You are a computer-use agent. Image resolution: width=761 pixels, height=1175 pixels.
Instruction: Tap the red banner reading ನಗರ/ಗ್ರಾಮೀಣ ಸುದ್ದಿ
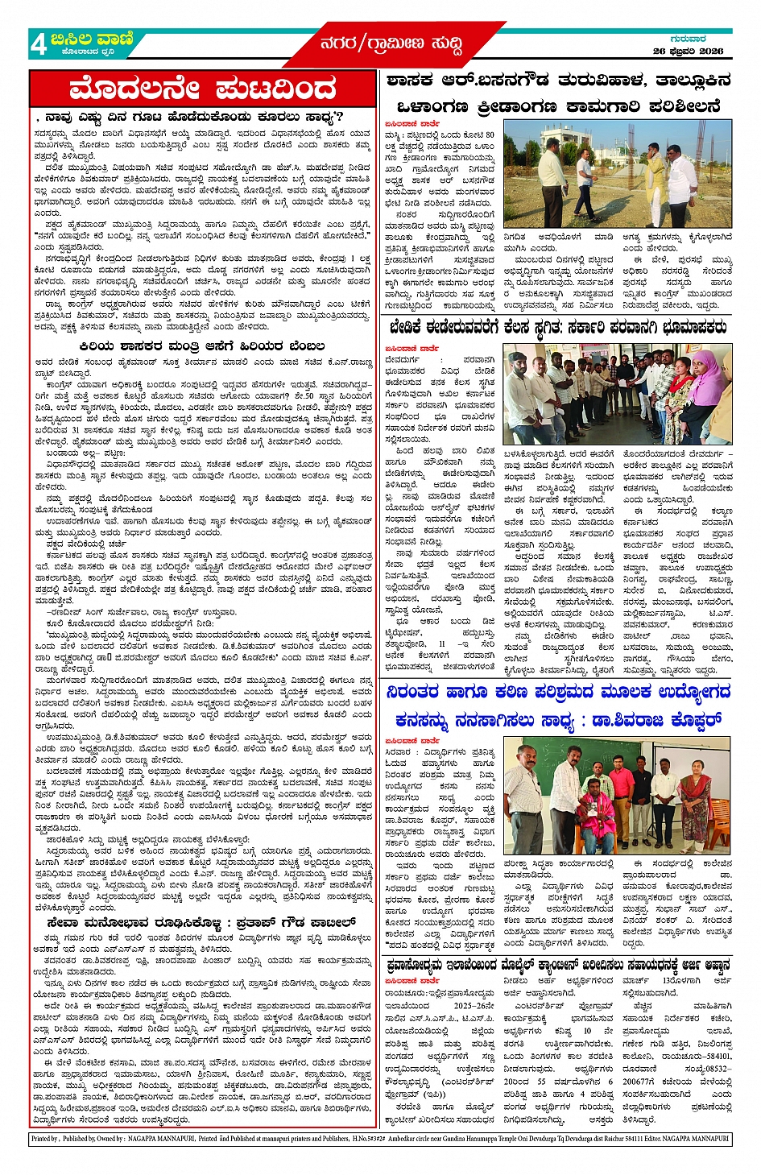(391, 44)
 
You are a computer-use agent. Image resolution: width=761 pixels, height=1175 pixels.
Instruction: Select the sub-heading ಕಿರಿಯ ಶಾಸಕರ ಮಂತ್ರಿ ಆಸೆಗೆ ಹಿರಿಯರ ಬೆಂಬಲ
(203, 345)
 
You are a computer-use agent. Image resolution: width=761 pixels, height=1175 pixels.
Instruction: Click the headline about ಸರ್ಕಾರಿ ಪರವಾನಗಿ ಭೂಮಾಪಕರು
(557, 328)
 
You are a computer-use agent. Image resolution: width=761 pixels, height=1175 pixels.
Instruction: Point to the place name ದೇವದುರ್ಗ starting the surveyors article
(403, 360)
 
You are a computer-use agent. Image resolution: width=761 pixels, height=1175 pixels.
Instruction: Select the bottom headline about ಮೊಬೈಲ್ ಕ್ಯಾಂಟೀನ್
(557, 965)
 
